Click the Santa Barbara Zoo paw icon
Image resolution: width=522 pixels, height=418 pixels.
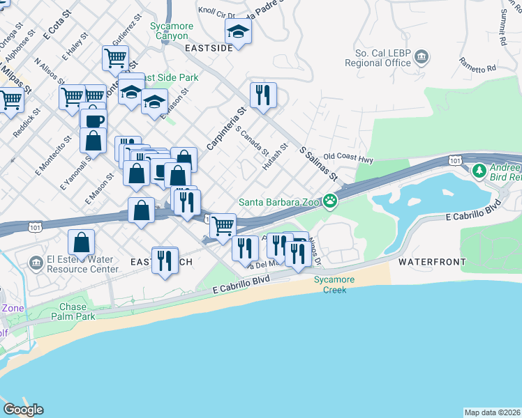[330, 202]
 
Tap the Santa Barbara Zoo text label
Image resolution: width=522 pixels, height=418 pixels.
[279, 202]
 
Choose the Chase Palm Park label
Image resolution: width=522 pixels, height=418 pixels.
[73, 311]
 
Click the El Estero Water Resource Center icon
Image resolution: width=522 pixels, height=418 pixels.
[36, 262]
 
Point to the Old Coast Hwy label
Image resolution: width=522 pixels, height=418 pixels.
[348, 159]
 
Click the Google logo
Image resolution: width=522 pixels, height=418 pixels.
[23, 410]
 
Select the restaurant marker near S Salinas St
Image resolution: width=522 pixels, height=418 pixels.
[263, 95]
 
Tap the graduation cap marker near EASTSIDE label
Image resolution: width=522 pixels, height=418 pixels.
[238, 32]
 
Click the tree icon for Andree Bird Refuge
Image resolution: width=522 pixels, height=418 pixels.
[479, 170]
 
